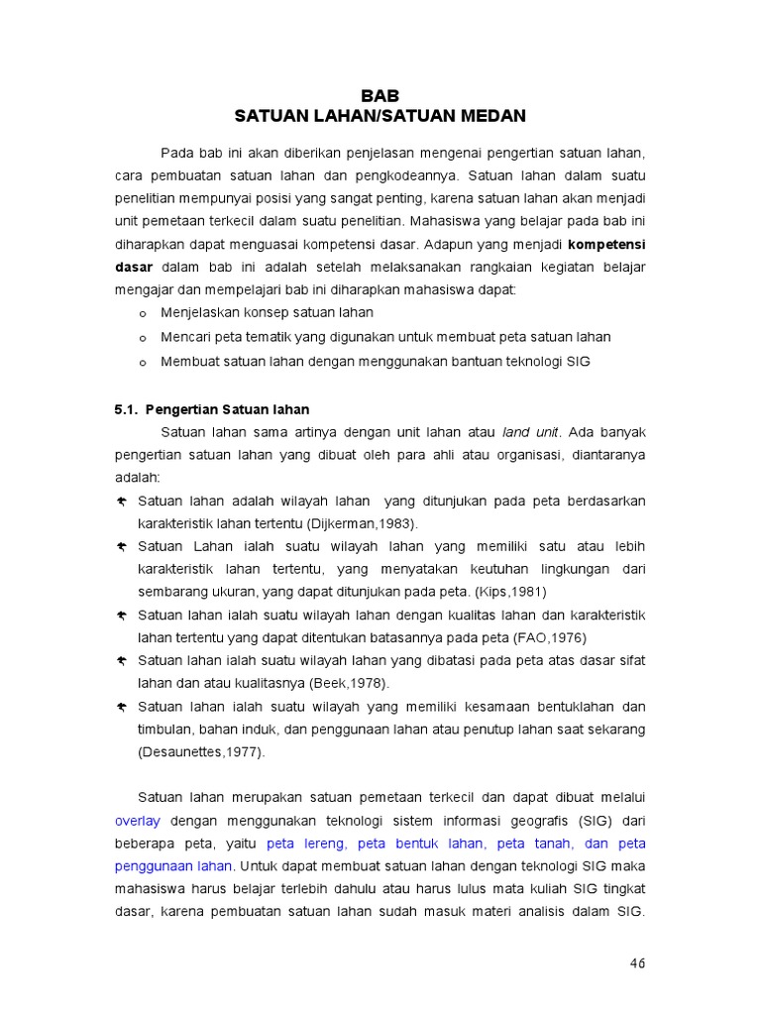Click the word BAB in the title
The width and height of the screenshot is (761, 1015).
(380, 96)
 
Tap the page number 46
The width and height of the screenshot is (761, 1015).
(637, 963)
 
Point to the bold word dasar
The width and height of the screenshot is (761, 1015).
(133, 267)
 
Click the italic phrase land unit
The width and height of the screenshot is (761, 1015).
(531, 432)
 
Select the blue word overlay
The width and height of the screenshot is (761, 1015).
(137, 821)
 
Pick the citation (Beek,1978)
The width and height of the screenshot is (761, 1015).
(348, 683)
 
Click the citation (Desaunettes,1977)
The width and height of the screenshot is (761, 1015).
(201, 751)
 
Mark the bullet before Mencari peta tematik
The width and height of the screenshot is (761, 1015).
(143, 338)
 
